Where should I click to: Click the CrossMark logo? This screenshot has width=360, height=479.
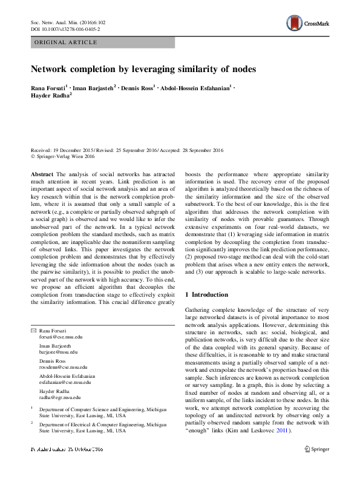pyautogui.click(x=307, y=23)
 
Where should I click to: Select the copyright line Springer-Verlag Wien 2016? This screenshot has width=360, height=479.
pyautogui.click(x=67, y=157)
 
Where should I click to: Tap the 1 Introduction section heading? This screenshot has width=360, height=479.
pyautogui.click(x=206, y=294)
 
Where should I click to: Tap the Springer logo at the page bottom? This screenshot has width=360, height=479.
pyautogui.click(x=317, y=449)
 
